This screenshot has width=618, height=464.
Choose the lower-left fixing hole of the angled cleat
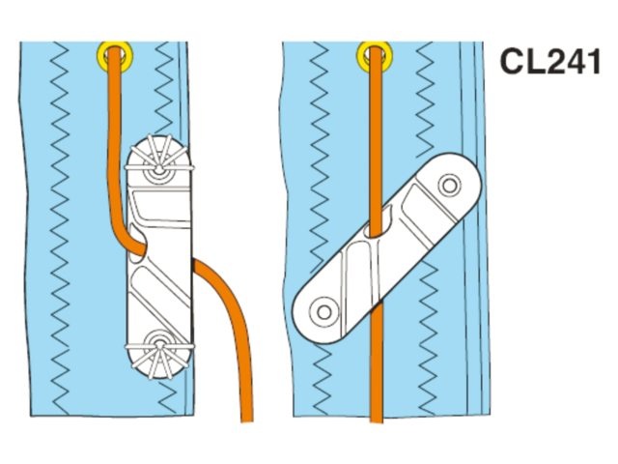click(323, 310)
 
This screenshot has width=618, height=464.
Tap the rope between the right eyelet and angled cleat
click(373, 135)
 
